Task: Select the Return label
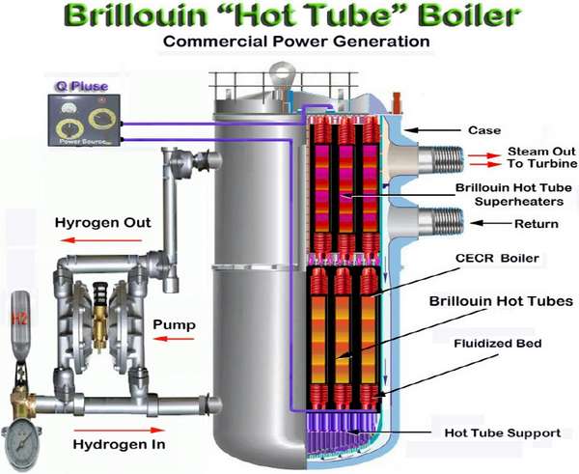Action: [536, 224]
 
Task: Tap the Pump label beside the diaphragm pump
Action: [176, 325]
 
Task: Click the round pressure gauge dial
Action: [20, 438]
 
